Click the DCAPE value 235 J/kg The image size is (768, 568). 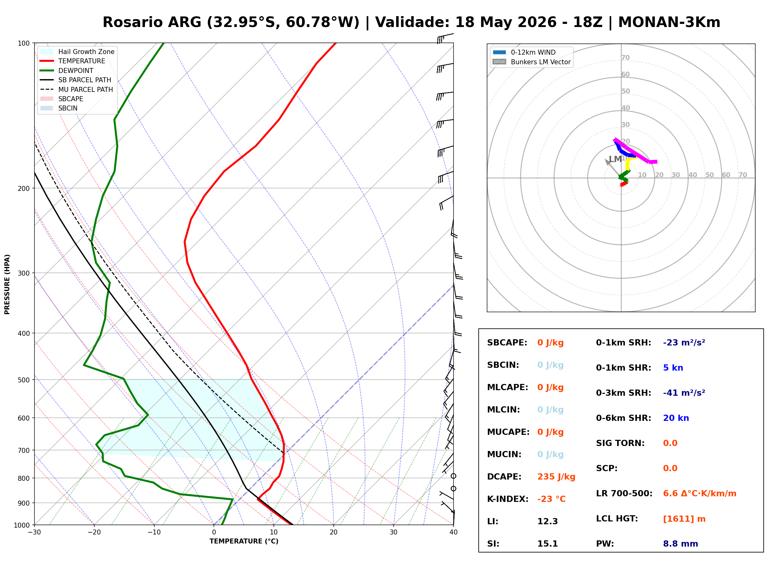click(x=556, y=476)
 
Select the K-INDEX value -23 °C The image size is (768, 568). click(x=551, y=499)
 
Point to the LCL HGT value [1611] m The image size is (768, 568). click(x=684, y=519)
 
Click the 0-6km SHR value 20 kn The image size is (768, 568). click(x=676, y=418)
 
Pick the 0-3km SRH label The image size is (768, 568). click(x=623, y=393)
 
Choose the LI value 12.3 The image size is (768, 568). click(x=547, y=521)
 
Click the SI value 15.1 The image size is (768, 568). click(x=547, y=543)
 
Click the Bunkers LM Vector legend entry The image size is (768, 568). click(x=531, y=62)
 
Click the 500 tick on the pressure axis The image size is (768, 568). click(x=24, y=380)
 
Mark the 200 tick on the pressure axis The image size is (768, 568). click(x=24, y=188)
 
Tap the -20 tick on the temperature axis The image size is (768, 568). click(x=94, y=532)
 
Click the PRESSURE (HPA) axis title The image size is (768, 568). click(x=7, y=284)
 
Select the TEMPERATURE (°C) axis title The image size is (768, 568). click(x=244, y=541)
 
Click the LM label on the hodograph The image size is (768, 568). click(x=615, y=159)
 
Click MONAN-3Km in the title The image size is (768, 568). click(x=669, y=22)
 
